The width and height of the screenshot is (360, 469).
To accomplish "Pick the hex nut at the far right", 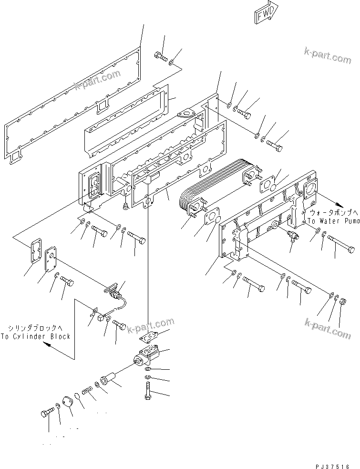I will tap(342, 301).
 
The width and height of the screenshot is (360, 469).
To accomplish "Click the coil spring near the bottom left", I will tap(87, 392).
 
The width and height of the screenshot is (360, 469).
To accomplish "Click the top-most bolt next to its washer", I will tap(161, 58).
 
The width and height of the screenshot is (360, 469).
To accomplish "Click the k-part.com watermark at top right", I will tap(327, 56).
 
